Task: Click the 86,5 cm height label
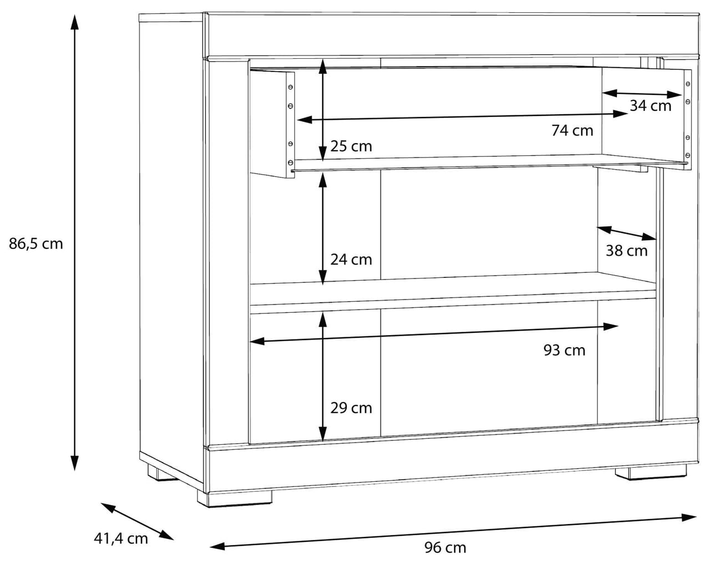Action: pyautogui.click(x=35, y=244)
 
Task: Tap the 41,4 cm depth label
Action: pyautogui.click(x=121, y=539)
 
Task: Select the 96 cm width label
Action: pyautogui.click(x=445, y=548)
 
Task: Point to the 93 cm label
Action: pyautogui.click(x=565, y=350)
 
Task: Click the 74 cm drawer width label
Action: pyautogui.click(x=572, y=131)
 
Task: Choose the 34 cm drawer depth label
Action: pyautogui.click(x=651, y=106)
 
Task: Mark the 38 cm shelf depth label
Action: pyautogui.click(x=627, y=251)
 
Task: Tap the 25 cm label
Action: pyautogui.click(x=351, y=146)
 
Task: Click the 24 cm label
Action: pyautogui.click(x=351, y=260)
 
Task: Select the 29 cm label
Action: pyautogui.click(x=351, y=408)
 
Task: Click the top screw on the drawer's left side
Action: pyautogui.click(x=290, y=87)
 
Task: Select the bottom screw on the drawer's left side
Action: pyautogui.click(x=290, y=163)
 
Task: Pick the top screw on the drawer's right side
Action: pyautogui.click(x=688, y=84)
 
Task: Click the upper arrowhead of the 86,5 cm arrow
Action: pyautogui.click(x=75, y=22)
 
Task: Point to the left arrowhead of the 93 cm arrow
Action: pyautogui.click(x=258, y=341)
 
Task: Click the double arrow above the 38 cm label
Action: pyautogui.click(x=627, y=233)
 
